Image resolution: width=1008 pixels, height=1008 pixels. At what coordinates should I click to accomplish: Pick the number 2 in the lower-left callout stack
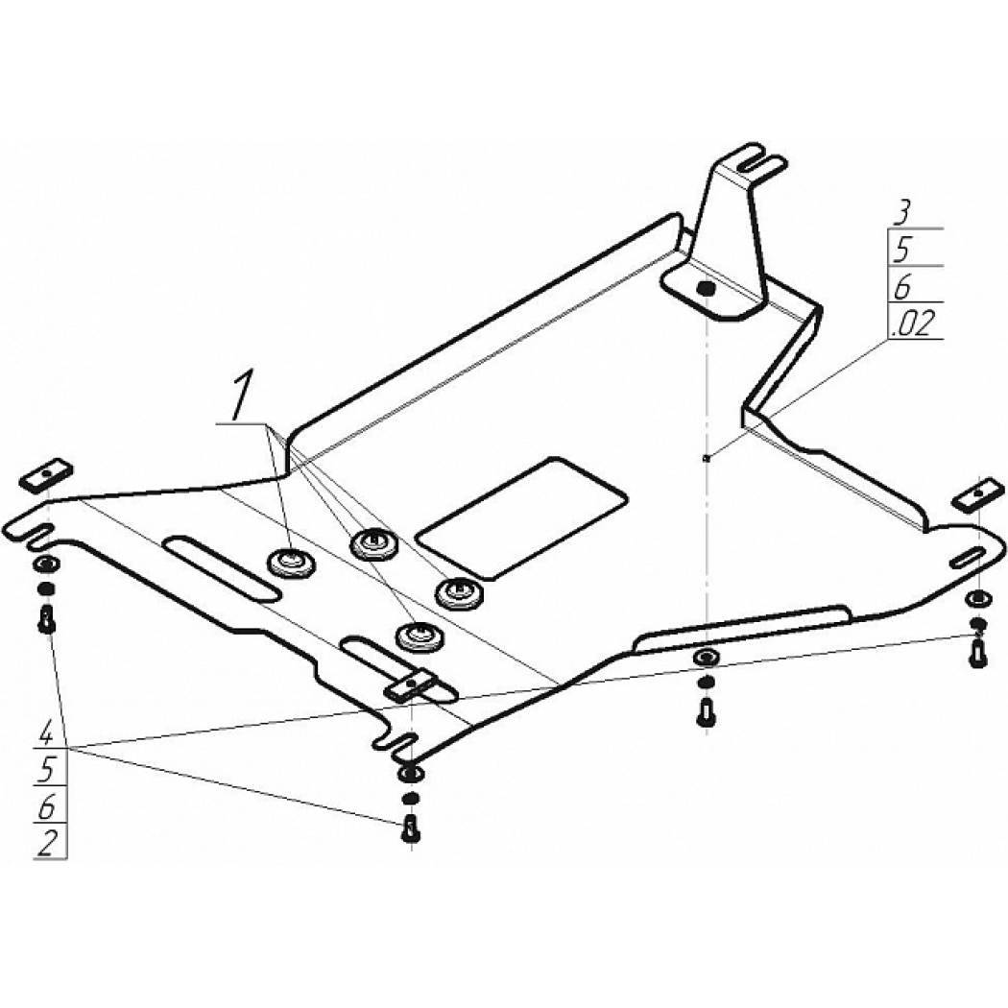[x=46, y=843]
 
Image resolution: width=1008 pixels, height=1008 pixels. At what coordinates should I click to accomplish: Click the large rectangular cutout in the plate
[x=521, y=516]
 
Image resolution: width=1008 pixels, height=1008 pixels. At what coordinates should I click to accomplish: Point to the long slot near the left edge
[x=221, y=567]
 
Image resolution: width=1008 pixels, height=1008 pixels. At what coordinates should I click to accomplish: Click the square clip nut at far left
[x=46, y=475]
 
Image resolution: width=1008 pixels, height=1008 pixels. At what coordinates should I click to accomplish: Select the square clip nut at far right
[x=978, y=494]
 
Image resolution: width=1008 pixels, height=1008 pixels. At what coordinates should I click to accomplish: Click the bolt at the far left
[x=46, y=620]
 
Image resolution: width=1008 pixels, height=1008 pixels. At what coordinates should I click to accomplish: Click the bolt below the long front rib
[x=706, y=712]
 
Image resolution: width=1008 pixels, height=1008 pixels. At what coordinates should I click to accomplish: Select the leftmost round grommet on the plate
[x=291, y=564]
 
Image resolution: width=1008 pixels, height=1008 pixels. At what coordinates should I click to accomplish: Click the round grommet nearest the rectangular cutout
[x=460, y=592]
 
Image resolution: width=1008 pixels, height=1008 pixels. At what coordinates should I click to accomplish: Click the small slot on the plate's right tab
[x=967, y=558]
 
